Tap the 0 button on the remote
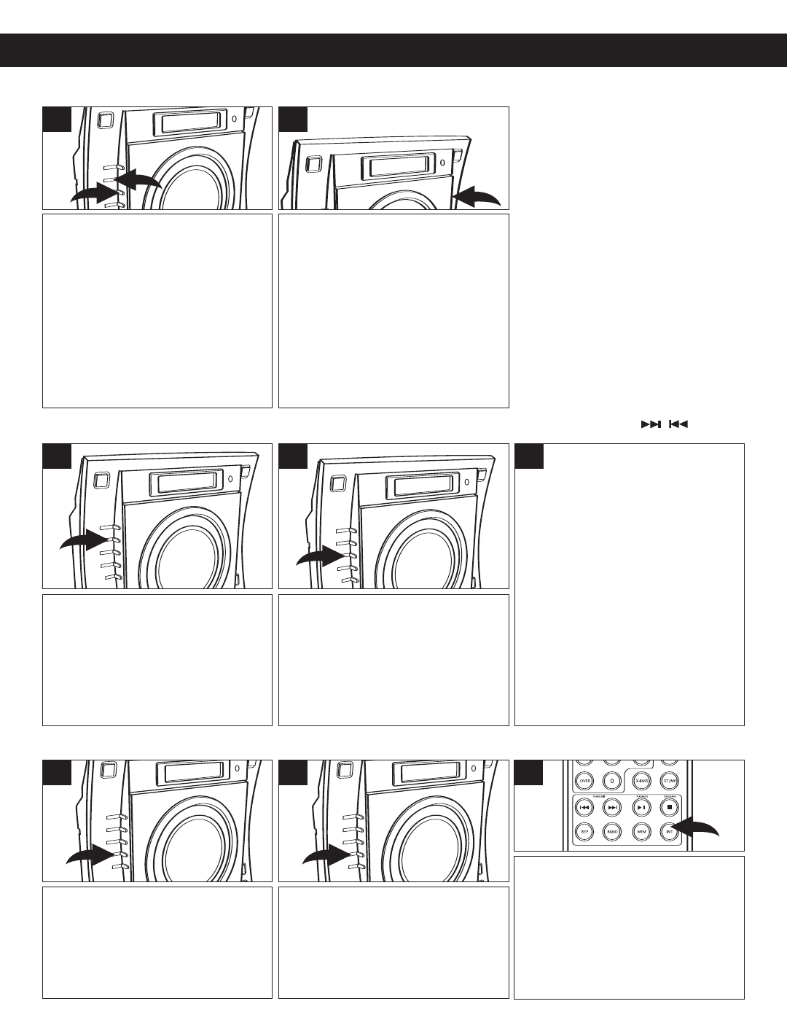pyautogui.click(x=612, y=779)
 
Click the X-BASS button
pyautogui.click(x=641, y=779)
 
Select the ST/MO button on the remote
pyautogui.click(x=669, y=779)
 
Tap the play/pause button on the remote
pyautogui.click(x=641, y=808)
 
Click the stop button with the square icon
pyautogui.click(x=669, y=808)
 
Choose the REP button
pyautogui.click(x=584, y=830)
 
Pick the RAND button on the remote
pyautogui.click(x=612, y=830)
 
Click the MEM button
pyautogui.click(x=641, y=830)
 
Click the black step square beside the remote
pyautogui.click(x=529, y=773)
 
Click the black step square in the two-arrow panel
pyautogui.click(x=57, y=120)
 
